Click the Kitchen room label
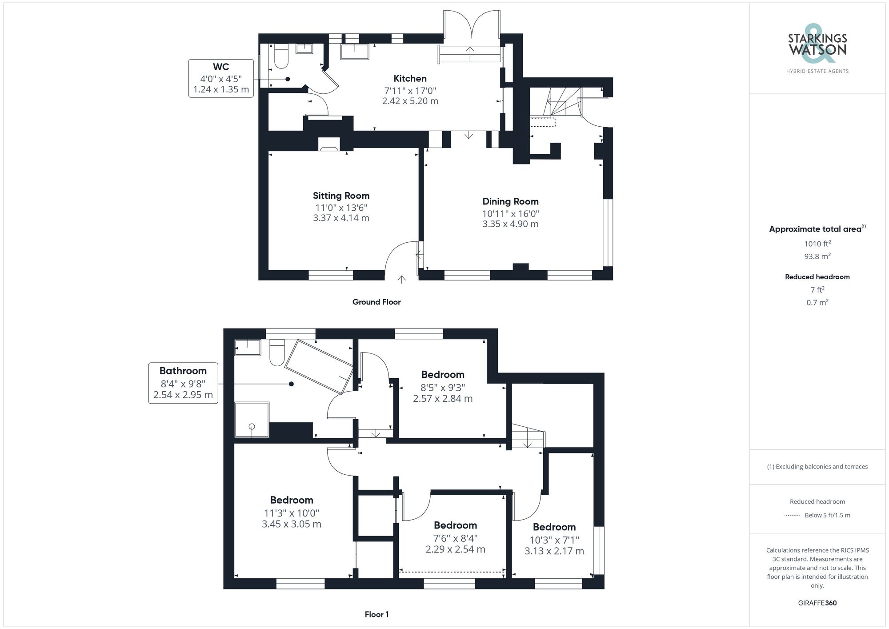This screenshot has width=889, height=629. pyautogui.click(x=410, y=79)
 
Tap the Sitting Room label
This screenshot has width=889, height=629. pyautogui.click(x=341, y=196)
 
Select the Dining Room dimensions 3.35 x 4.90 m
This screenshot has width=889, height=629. pyautogui.click(x=510, y=224)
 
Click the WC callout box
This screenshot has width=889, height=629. pyautogui.click(x=221, y=78)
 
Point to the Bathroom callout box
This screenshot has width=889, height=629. pyautogui.click(x=183, y=383)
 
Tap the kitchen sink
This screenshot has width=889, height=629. pyautogui.click(x=354, y=52)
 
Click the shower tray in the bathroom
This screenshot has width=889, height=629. pyautogui.click(x=252, y=419)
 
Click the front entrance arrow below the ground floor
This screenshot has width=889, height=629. pyautogui.click(x=401, y=279)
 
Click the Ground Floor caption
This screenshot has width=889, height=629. pyautogui.click(x=376, y=302)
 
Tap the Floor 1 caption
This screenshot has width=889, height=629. pyautogui.click(x=376, y=614)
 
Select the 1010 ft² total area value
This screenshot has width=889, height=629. pyautogui.click(x=817, y=244)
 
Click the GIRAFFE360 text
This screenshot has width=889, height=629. pyautogui.click(x=817, y=603)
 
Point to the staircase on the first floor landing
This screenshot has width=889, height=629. pyautogui.click(x=527, y=437)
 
